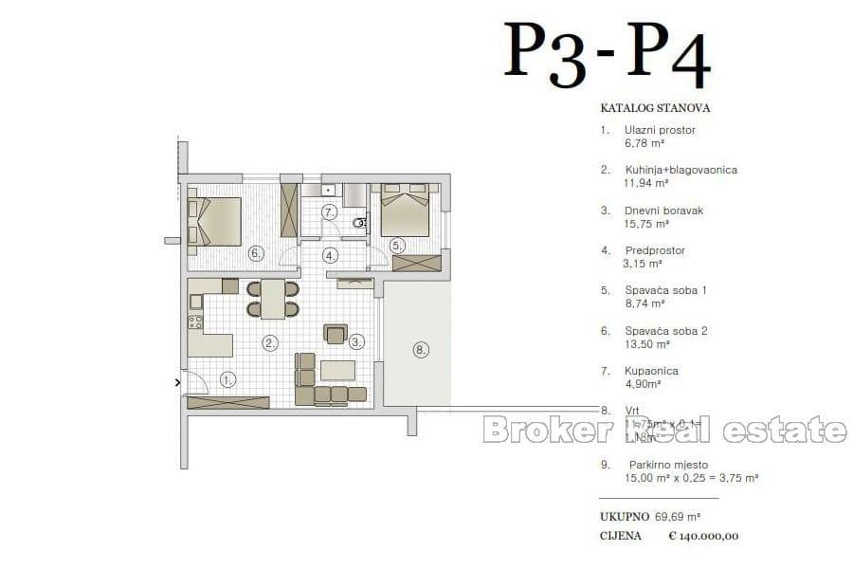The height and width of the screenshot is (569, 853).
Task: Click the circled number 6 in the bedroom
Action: (255, 253)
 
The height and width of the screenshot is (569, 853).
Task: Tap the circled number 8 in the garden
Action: (421, 350)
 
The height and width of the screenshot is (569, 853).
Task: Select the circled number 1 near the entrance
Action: (227, 380)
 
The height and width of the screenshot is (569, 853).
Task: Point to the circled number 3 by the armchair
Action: (356, 341)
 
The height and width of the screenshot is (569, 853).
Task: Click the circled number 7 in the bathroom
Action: (329, 211)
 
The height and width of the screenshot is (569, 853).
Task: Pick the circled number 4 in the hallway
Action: (329, 254)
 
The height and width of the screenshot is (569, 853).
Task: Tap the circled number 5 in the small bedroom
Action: (396, 245)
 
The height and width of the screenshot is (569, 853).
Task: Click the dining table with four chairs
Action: (273, 299)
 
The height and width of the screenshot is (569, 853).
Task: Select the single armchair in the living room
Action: (336, 333)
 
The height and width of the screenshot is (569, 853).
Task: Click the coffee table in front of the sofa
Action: (336, 368)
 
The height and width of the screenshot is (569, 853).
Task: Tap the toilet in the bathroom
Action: (359, 223)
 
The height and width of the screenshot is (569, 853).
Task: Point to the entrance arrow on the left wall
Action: (177, 383)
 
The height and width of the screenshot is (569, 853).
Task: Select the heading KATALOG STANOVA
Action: (655, 108)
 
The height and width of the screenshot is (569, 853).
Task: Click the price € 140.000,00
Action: (703, 536)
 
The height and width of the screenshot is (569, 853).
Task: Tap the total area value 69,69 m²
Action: (678, 517)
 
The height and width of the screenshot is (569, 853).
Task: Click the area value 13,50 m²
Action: (644, 344)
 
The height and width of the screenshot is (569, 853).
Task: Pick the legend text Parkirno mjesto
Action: (667, 465)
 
